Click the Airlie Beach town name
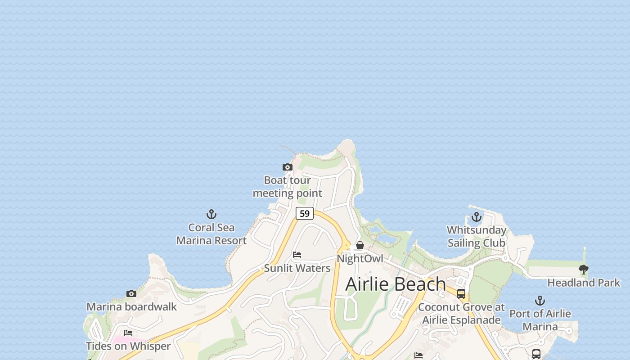pyautogui.click(x=396, y=284)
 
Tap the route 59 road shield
pyautogui.click(x=305, y=213)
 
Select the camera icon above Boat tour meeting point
pyautogui.click(x=287, y=167)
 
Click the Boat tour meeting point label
pyautogui.click(x=287, y=187)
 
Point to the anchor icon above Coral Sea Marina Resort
pyautogui.click(x=211, y=214)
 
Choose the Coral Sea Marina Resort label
pyautogui.click(x=211, y=234)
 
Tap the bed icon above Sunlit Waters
pyautogui.click(x=297, y=255)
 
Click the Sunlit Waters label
pyautogui.click(x=297, y=268)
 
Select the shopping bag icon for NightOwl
pyautogui.click(x=360, y=245)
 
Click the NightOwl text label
pyautogui.click(x=360, y=259)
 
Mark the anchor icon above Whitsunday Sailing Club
pyautogui.click(x=476, y=217)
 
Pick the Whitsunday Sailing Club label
pyautogui.click(x=476, y=237)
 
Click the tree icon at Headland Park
pyautogui.click(x=584, y=270)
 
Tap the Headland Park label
pyautogui.click(x=584, y=283)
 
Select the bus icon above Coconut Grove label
pyautogui.click(x=461, y=294)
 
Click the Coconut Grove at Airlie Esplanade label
pyautogui.click(x=461, y=314)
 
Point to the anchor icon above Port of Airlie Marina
pyautogui.click(x=540, y=301)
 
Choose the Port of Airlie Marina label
pyautogui.click(x=540, y=320)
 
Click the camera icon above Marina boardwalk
pyautogui.click(x=131, y=294)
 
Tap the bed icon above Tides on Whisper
pyautogui.click(x=128, y=333)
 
